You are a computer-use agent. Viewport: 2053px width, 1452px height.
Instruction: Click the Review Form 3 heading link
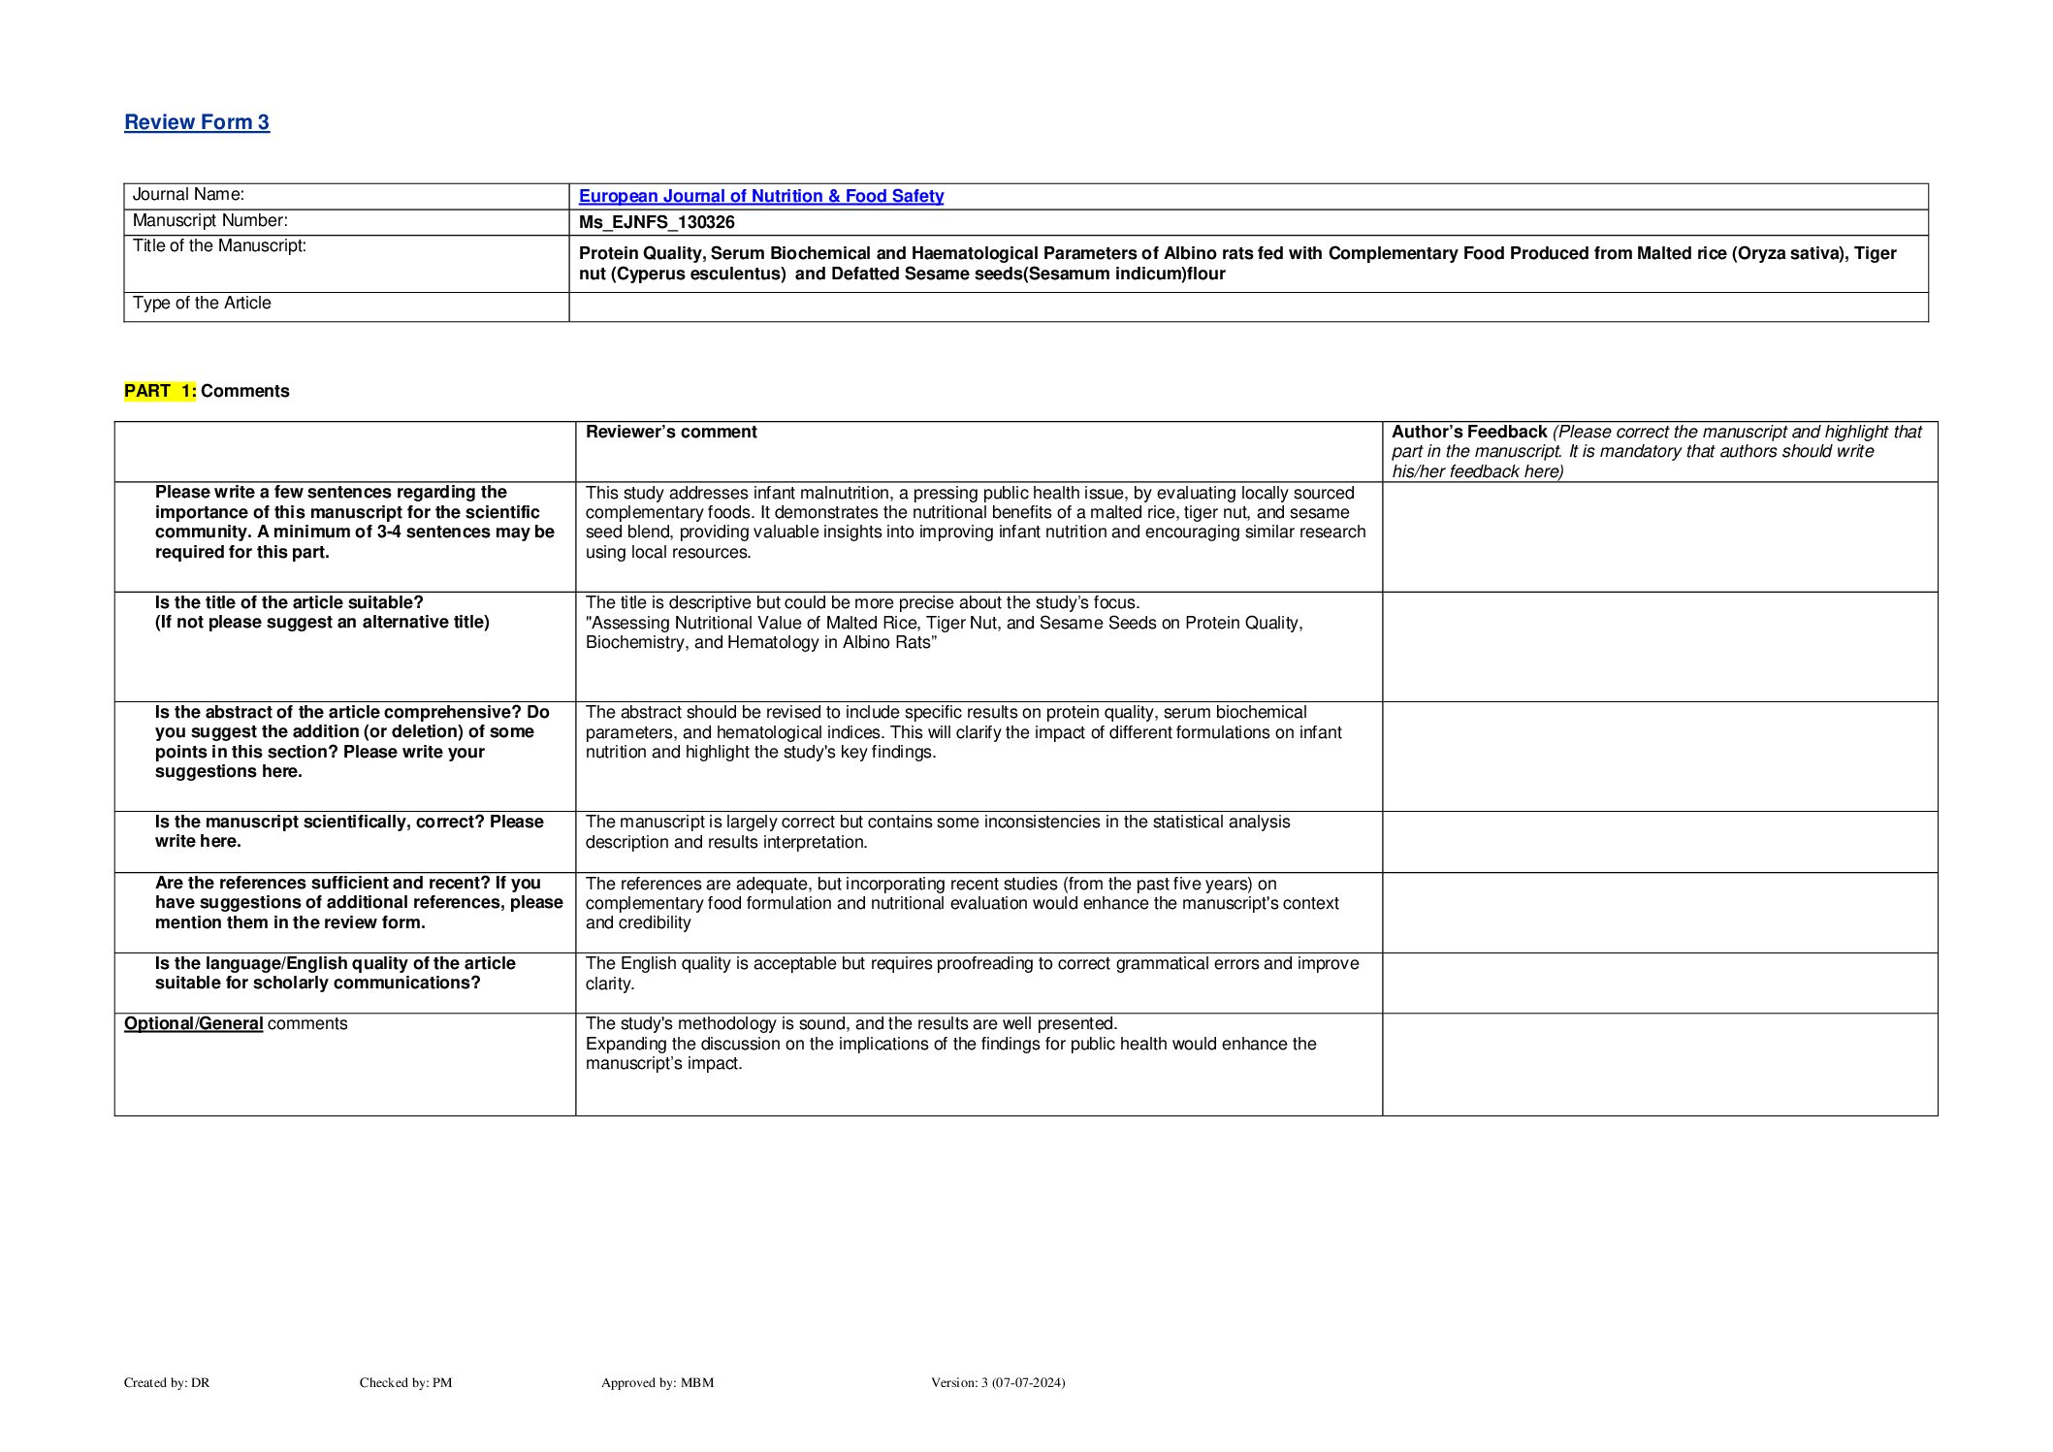[197, 122]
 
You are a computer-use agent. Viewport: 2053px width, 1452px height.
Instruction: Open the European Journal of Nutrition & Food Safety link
[760, 196]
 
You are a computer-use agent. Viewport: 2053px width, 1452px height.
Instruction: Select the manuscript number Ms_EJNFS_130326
[657, 222]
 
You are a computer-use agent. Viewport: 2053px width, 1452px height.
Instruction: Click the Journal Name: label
[188, 194]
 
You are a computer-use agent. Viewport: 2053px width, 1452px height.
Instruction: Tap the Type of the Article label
[202, 303]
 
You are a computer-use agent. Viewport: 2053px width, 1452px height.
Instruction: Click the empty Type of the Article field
[1247, 307]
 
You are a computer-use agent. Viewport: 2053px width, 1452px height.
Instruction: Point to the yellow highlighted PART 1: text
[160, 391]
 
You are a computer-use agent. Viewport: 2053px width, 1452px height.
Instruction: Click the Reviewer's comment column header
[671, 432]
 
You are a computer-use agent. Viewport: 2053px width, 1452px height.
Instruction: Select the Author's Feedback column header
[1468, 432]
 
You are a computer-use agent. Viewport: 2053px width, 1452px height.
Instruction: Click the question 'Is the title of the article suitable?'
[289, 602]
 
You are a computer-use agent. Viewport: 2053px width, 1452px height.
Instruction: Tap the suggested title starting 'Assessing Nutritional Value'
[944, 632]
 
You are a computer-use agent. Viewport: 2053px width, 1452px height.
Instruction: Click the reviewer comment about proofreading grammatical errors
[972, 973]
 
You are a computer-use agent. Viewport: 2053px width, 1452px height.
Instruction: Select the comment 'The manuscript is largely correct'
[937, 831]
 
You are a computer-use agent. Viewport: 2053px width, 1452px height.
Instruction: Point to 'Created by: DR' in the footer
[167, 1382]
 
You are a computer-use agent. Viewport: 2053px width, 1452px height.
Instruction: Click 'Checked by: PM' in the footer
[405, 1382]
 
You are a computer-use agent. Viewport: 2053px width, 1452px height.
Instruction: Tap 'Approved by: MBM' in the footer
[657, 1382]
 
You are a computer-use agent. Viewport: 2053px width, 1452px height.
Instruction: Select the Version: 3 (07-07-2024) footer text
[997, 1382]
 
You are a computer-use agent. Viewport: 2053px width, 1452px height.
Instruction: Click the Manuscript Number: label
[209, 220]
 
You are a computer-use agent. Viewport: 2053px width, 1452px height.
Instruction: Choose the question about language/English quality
[335, 973]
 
